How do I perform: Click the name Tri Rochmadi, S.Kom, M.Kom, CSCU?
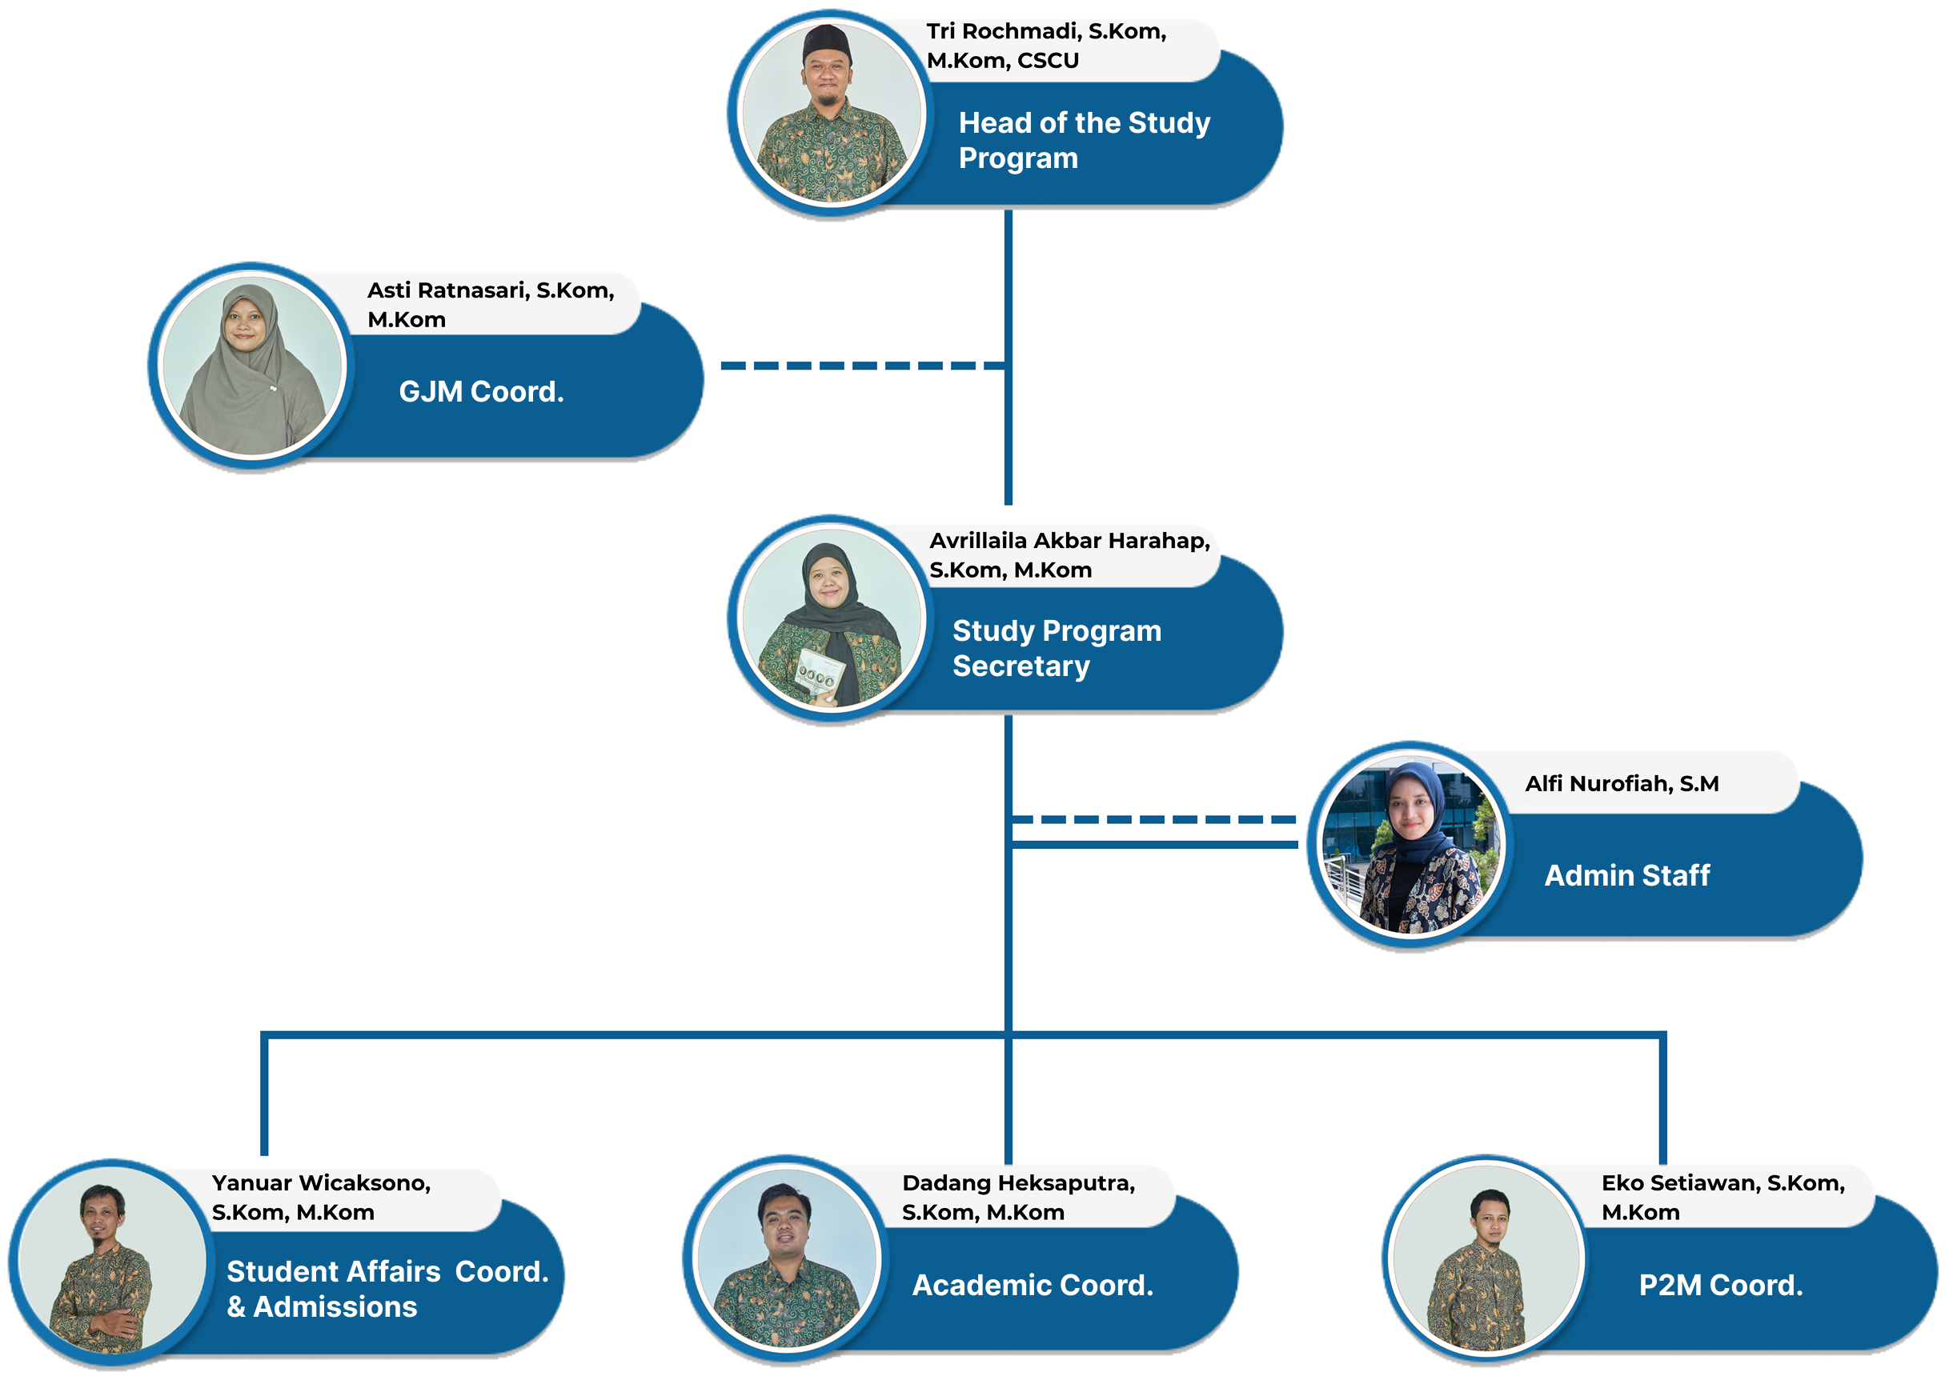tap(1045, 46)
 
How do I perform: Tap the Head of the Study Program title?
tap(1084, 140)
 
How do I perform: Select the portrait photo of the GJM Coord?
tap(252, 366)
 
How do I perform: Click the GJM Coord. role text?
tap(481, 392)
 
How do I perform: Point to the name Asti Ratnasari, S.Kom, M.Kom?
tap(490, 305)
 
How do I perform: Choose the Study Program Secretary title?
tap(1056, 648)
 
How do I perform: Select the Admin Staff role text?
tap(1626, 875)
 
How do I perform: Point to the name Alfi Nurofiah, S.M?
tap(1622, 783)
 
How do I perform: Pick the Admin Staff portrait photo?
tap(1410, 846)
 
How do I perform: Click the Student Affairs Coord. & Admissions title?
tap(387, 1290)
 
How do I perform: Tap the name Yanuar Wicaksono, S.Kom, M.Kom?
tap(321, 1198)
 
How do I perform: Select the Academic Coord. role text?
tap(1033, 1285)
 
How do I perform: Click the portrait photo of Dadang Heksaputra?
tap(786, 1257)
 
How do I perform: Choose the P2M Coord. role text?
tap(1720, 1285)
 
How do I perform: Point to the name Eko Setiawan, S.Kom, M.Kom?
tap(1722, 1198)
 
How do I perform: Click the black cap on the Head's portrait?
tap(826, 41)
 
